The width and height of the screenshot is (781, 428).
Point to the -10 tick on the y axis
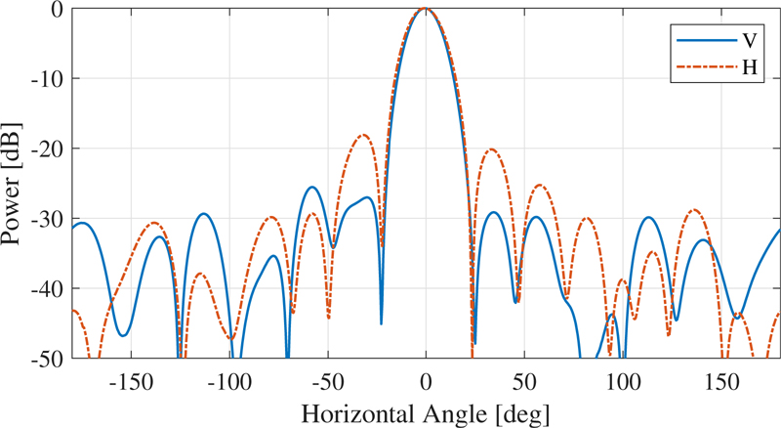coord(49,79)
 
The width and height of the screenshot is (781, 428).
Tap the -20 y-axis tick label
coord(49,149)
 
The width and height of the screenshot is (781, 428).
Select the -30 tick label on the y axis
coord(49,219)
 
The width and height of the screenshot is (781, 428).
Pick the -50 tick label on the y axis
coord(49,359)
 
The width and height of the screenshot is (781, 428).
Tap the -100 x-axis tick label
coord(229,380)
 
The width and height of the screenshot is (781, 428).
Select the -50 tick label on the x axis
coord(327,380)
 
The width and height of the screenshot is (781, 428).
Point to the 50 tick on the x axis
coord(524,380)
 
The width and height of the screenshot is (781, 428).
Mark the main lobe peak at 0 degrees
coord(425,9)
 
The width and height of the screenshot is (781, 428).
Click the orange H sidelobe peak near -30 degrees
coord(364,135)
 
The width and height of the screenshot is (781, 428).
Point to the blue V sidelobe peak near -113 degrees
coord(204,213)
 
